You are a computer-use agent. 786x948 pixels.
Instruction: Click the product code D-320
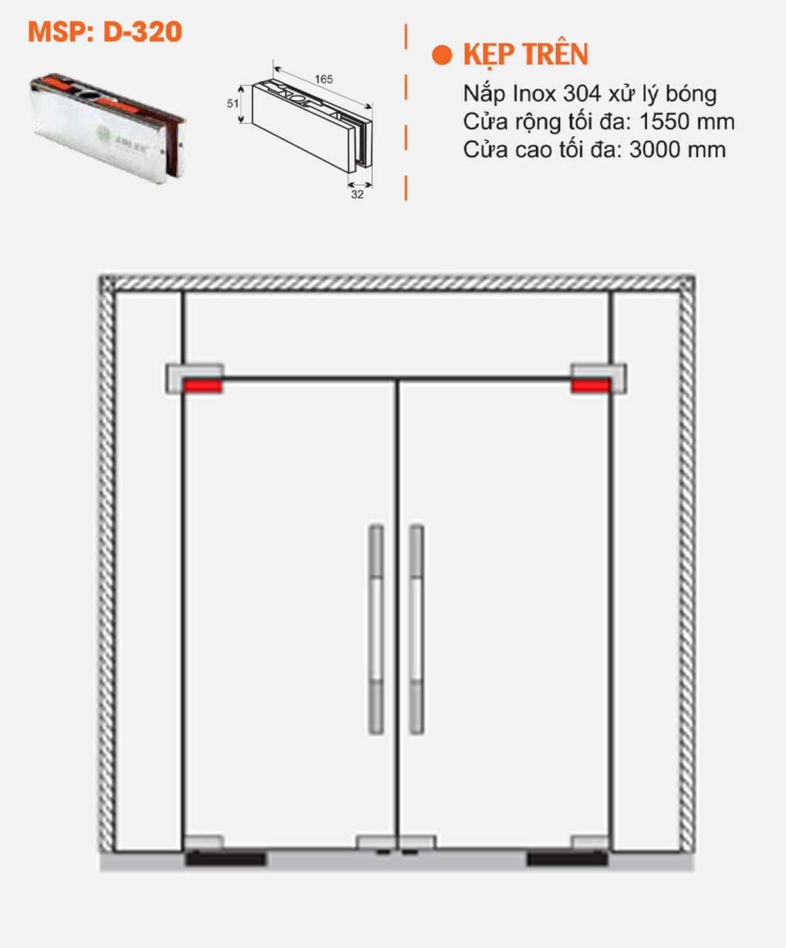[143, 32]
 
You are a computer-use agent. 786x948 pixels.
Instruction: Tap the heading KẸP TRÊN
[525, 54]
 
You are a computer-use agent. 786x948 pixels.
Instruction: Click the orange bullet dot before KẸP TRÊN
[442, 55]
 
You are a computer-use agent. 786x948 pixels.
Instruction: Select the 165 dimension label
[324, 79]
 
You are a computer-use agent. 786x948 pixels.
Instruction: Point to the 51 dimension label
[233, 104]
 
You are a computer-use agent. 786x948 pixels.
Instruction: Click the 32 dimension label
[357, 195]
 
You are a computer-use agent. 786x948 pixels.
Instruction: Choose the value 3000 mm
[677, 150]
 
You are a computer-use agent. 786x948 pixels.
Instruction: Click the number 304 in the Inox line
[582, 94]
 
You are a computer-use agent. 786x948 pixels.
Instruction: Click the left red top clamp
[202, 385]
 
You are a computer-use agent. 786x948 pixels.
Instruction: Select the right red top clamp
[590, 385]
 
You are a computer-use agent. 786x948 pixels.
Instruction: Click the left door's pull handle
[376, 629]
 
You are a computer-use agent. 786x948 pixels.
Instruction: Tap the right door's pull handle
[417, 629]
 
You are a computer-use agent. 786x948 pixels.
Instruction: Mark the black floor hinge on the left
[225, 858]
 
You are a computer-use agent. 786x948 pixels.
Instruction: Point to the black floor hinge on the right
[567, 858]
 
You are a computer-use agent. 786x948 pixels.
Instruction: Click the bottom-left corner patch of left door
[203, 842]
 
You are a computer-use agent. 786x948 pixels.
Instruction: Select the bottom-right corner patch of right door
[589, 842]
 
